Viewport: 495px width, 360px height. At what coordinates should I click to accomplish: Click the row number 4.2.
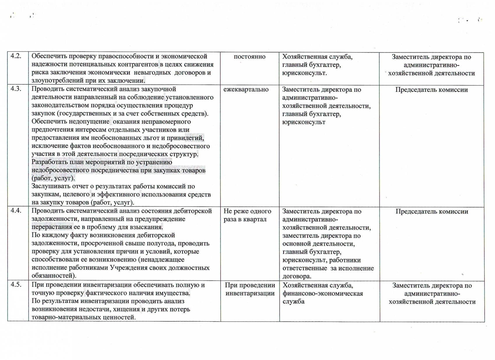[x=16, y=56]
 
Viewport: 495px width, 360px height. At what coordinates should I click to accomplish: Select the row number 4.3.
[x=16, y=89]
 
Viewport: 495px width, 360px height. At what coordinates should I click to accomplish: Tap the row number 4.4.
[x=16, y=210]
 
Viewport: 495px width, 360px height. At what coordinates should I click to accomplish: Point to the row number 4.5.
[x=16, y=285]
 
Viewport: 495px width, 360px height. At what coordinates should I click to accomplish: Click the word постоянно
[x=249, y=57]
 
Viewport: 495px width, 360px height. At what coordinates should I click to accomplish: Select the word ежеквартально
[x=246, y=89]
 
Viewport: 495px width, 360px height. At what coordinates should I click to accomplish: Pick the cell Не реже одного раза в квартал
[x=247, y=215]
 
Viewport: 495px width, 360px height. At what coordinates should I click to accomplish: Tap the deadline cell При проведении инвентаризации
[x=250, y=289]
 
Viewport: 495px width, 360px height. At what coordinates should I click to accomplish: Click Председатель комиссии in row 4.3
[x=431, y=90]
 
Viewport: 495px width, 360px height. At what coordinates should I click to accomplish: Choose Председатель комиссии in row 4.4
[x=432, y=211]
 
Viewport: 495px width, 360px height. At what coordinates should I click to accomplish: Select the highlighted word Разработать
[x=50, y=162]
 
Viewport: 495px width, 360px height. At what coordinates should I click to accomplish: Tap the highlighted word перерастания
[x=52, y=227]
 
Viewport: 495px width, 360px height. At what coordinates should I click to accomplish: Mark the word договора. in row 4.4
[x=297, y=276]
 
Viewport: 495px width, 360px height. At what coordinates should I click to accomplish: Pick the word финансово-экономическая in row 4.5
[x=323, y=293]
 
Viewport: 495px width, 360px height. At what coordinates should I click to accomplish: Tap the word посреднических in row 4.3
[x=144, y=154]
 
